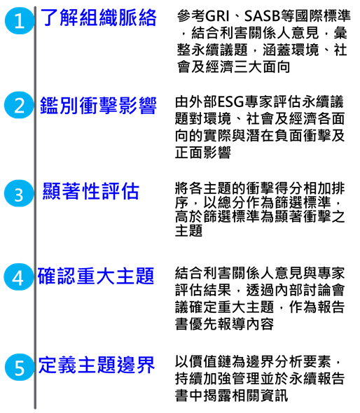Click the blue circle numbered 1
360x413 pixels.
(x=19, y=20)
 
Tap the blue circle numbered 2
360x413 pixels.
(x=19, y=105)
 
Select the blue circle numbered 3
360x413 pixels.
(x=19, y=193)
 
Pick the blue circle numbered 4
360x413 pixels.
(x=18, y=276)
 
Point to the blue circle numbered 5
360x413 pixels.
(x=19, y=367)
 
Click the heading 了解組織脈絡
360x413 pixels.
(x=98, y=17)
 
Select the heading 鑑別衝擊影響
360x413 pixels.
(x=98, y=106)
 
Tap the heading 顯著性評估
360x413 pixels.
(x=90, y=191)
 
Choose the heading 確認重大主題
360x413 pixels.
(x=96, y=276)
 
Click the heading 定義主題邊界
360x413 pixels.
(x=96, y=365)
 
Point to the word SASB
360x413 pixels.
(x=262, y=16)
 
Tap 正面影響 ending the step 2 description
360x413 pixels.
(x=203, y=153)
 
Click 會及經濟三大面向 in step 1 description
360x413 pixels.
(x=233, y=67)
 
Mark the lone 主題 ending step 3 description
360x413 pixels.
(x=188, y=231)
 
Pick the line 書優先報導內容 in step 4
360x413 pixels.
(x=224, y=324)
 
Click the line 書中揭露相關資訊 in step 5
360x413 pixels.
(x=231, y=395)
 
